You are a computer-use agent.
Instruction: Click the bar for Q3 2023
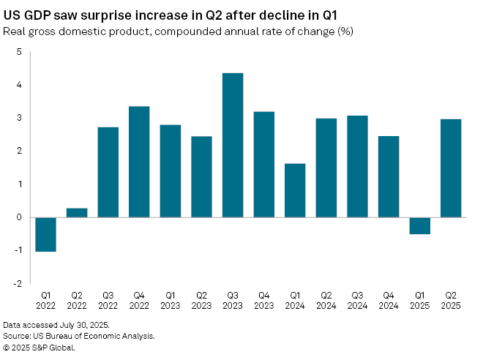pyautogui.click(x=233, y=145)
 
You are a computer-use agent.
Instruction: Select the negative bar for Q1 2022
pyautogui.click(x=45, y=234)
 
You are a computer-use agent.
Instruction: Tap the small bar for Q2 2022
pyautogui.click(x=77, y=212)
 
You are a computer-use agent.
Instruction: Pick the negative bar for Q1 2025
pyautogui.click(x=419, y=225)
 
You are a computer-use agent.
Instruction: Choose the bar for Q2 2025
pyautogui.click(x=451, y=168)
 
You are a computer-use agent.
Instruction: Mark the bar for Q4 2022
pyautogui.click(x=139, y=162)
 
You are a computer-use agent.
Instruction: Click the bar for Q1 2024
pyautogui.click(x=295, y=190)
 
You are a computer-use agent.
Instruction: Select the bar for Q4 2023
pyautogui.click(x=263, y=164)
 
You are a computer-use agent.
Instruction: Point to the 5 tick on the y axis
pyautogui.click(x=20, y=52)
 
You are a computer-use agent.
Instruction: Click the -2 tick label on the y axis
pyautogui.click(x=18, y=283)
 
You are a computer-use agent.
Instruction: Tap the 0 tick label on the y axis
pyautogui.click(x=20, y=217)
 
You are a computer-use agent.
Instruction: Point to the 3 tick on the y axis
pyautogui.click(x=20, y=118)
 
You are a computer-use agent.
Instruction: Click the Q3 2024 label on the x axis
pyautogui.click(x=357, y=301)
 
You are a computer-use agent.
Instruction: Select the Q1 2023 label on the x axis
pyautogui.click(x=171, y=301)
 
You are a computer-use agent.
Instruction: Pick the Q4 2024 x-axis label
pyautogui.click(x=389, y=301)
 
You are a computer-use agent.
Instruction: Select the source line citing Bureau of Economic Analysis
pyautogui.click(x=78, y=335)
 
